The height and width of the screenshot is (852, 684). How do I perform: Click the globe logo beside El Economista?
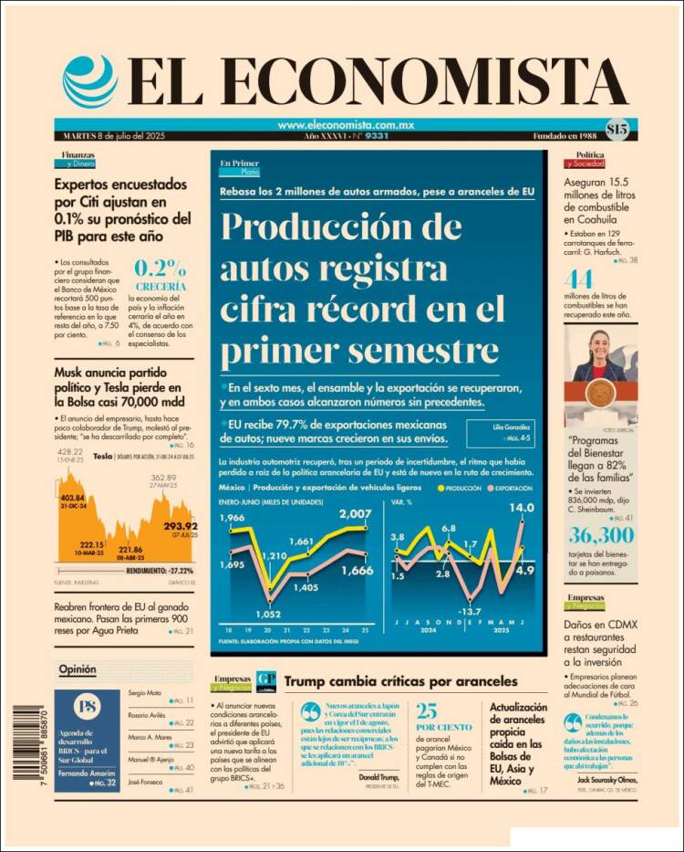tap(90, 80)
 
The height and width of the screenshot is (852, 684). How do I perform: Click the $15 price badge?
tap(616, 130)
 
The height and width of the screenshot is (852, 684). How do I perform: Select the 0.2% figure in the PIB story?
tap(161, 268)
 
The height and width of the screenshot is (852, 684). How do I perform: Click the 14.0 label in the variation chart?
tap(521, 509)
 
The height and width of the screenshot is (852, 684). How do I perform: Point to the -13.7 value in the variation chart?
tap(469, 611)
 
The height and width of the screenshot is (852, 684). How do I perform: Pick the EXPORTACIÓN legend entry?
tap(511, 489)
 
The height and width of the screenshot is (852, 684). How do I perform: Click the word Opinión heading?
tap(77, 669)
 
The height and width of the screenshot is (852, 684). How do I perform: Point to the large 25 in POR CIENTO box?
tap(427, 711)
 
